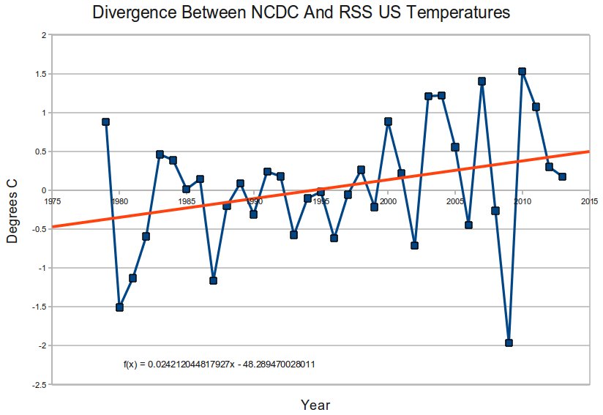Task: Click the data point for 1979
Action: click(x=105, y=122)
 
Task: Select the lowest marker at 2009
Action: click(x=509, y=343)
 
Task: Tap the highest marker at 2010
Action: click(x=522, y=72)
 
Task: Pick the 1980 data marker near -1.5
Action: click(x=119, y=307)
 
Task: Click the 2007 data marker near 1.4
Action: click(x=482, y=81)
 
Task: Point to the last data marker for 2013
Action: click(x=562, y=176)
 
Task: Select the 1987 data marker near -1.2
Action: click(x=213, y=280)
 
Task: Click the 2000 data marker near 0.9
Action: click(x=388, y=121)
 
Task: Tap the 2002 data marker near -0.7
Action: click(x=414, y=245)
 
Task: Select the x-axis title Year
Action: click(x=315, y=405)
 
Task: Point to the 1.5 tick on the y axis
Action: click(x=42, y=74)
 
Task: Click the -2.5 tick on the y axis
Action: click(x=41, y=384)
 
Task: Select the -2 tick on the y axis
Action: click(x=43, y=345)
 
